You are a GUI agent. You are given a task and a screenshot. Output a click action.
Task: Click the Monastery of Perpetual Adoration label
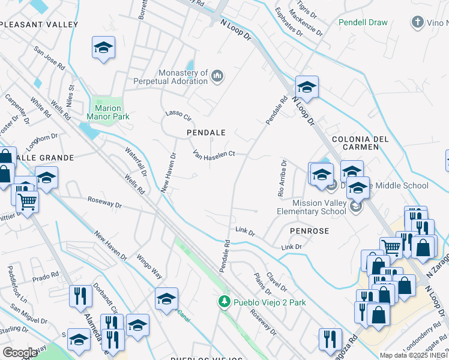pyautogui.click(x=182, y=76)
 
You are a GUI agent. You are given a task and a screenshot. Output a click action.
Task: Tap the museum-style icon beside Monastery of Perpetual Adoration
pyautogui.click(x=217, y=76)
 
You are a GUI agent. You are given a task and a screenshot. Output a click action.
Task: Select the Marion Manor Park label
pyautogui.click(x=108, y=113)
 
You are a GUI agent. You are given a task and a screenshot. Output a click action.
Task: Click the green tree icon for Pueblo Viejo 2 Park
pyautogui.click(x=224, y=302)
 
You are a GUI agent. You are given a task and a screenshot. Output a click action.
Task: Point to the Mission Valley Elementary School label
pyautogui.click(x=312, y=207)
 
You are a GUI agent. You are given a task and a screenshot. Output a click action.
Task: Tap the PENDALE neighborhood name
pyautogui.click(x=206, y=132)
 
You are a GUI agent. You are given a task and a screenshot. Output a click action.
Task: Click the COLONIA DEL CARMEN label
pyautogui.click(x=360, y=139)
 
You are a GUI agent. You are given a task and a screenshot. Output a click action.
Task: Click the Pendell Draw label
pyautogui.click(x=363, y=22)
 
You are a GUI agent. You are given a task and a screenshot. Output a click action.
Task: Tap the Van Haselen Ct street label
pyautogui.click(x=213, y=155)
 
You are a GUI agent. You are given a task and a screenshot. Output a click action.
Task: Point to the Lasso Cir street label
pyautogui.click(x=178, y=113)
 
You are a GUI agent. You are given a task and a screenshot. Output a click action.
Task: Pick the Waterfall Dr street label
pyautogui.click(x=136, y=161)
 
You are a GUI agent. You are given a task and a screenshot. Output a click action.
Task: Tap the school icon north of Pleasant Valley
pyautogui.click(x=103, y=47)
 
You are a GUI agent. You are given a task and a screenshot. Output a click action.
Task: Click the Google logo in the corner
pyautogui.click(x=20, y=353)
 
